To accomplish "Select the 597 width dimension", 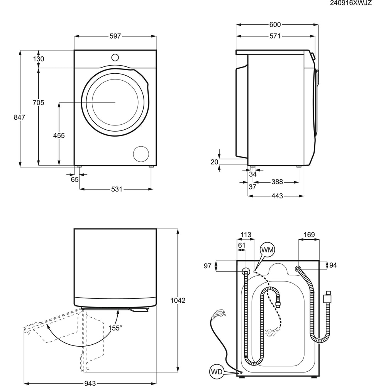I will tap(115, 36).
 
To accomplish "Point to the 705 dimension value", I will tap(39, 102).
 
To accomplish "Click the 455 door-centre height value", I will tap(59, 135).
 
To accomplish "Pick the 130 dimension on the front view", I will tap(39, 59).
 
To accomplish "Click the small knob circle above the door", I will tap(115, 58).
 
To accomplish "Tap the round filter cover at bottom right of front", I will tap(141, 154).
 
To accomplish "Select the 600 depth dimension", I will tap(275, 25).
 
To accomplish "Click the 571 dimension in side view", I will tap(275, 36).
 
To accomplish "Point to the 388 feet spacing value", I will tap(277, 181).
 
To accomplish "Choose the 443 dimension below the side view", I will tap(277, 196).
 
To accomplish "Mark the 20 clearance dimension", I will tap(215, 162).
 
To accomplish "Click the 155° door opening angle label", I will tap(115, 328).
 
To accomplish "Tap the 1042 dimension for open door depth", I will tap(178, 300).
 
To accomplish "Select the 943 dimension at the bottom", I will tap(90, 383).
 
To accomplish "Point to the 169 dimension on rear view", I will tap(309, 234).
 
